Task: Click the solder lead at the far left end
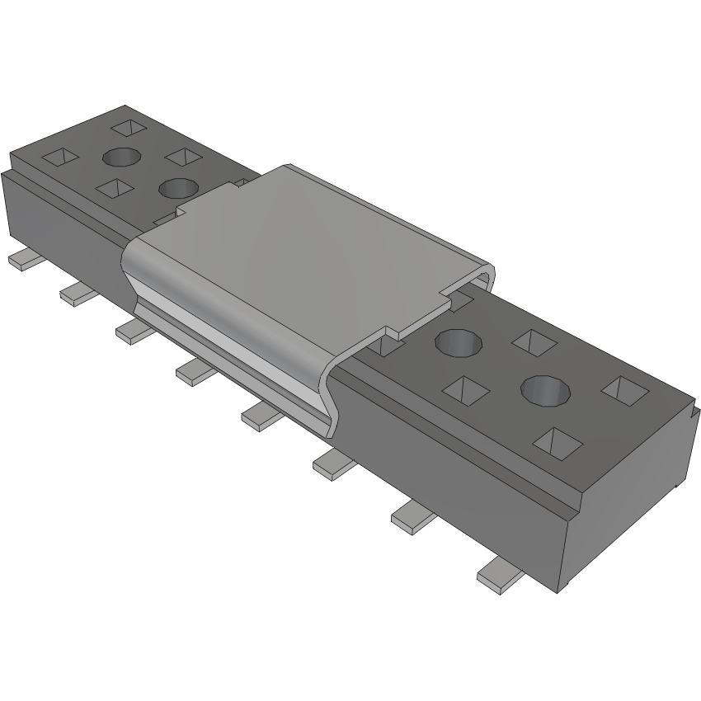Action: (x=25, y=261)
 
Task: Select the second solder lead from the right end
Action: (x=413, y=516)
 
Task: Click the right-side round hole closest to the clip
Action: (x=458, y=341)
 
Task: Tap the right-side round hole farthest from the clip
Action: (x=545, y=389)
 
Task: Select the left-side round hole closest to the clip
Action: (x=177, y=188)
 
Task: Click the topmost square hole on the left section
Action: (x=127, y=127)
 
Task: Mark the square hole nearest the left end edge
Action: (x=59, y=157)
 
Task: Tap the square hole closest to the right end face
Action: (x=624, y=388)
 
